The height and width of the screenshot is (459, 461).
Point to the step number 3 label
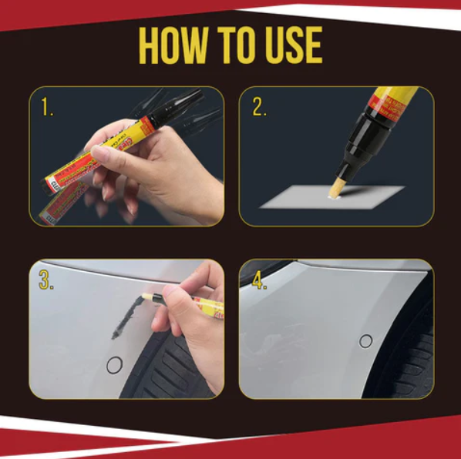click(46, 281)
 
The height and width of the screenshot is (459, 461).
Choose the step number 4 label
click(258, 281)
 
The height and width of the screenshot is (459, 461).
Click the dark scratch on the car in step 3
click(126, 319)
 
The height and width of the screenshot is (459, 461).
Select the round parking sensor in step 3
click(114, 365)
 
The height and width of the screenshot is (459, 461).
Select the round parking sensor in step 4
click(366, 341)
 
